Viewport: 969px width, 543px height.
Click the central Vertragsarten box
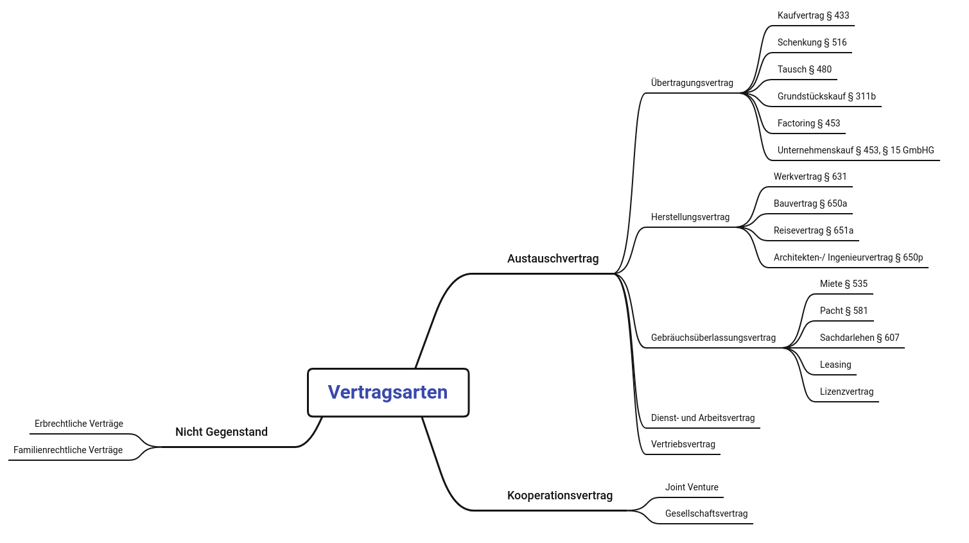click(x=388, y=392)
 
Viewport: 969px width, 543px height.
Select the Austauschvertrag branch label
click(x=552, y=259)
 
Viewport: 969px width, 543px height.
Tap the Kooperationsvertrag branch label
click(x=559, y=496)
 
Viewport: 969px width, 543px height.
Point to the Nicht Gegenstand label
click(x=221, y=432)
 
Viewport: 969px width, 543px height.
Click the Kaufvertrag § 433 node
click(x=813, y=15)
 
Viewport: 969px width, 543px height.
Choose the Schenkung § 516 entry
click(x=812, y=42)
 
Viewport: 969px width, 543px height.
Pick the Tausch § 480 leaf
click(x=804, y=69)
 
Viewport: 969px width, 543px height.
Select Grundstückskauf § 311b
click(x=826, y=96)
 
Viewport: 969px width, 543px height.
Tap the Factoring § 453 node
click(x=808, y=123)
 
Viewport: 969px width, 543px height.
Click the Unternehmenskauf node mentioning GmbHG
click(x=855, y=150)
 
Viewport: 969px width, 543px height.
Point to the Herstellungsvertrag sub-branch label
click(x=690, y=217)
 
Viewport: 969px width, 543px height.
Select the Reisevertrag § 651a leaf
click(x=813, y=230)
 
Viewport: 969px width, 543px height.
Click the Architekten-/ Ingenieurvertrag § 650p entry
click(x=848, y=257)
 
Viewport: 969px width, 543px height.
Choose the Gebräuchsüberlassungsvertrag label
click(x=713, y=338)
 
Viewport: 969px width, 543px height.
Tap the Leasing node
click(x=835, y=365)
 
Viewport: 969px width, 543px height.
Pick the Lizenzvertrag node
click(x=846, y=392)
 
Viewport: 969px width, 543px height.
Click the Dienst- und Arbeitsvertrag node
click(x=703, y=418)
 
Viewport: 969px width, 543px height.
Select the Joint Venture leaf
click(x=691, y=487)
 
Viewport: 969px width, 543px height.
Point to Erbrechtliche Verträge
click(x=78, y=424)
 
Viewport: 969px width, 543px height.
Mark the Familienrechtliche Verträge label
click(x=67, y=450)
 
